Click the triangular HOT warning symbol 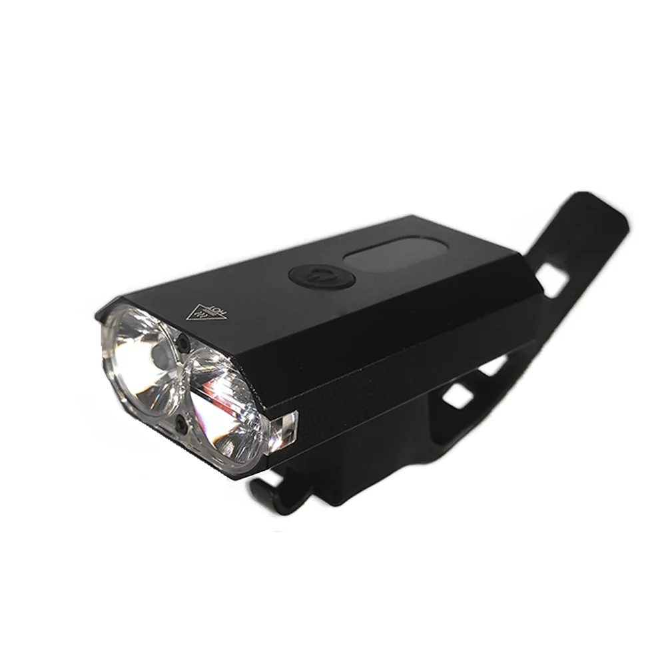pos(204,311)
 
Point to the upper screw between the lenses pos(181,344)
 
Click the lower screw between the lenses pos(180,422)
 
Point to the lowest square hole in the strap pos(456,397)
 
